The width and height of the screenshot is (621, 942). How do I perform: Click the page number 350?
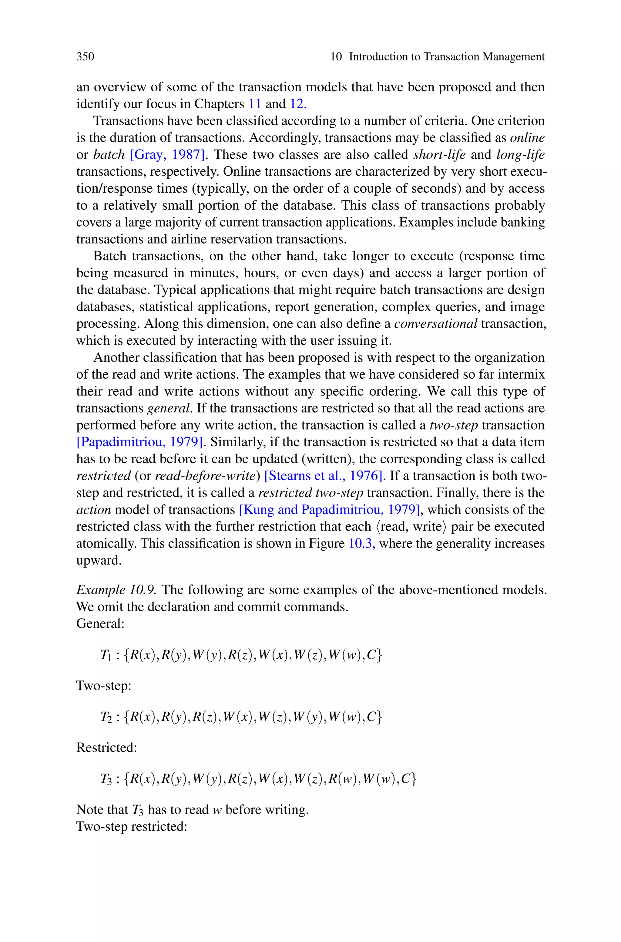point(85,57)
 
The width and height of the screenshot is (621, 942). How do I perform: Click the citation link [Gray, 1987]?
point(167,154)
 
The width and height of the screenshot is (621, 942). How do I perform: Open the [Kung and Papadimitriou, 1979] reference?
point(329,510)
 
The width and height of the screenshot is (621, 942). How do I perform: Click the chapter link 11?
point(255,104)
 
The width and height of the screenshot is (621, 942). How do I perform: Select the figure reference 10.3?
point(361,543)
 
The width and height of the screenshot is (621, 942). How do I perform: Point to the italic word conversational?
point(436,324)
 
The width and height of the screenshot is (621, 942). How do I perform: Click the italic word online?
point(527,138)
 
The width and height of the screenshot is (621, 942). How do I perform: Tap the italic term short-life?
point(439,154)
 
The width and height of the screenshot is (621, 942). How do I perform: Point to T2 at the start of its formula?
point(107,717)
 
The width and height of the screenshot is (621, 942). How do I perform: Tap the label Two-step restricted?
point(132,827)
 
